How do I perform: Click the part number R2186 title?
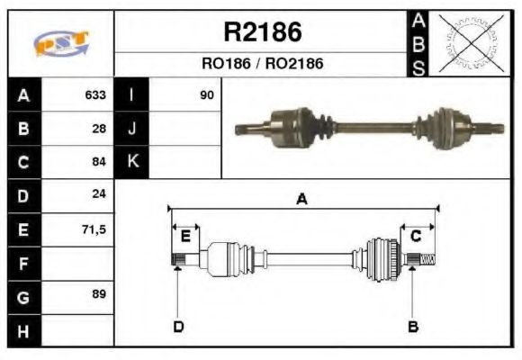point(262,33)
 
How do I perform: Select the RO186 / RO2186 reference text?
point(262,64)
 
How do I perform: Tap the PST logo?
point(61,44)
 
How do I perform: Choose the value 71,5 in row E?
point(94,229)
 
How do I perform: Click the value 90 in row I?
point(207,94)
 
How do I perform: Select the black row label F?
point(24,263)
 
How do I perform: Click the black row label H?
point(24,330)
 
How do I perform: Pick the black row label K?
point(132,162)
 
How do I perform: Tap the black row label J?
point(132,128)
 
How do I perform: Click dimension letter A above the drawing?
point(302,200)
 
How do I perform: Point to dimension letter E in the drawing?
point(185,237)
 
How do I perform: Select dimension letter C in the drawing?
point(417,236)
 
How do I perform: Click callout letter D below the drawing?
point(177,326)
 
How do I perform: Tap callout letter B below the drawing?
point(413,326)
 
